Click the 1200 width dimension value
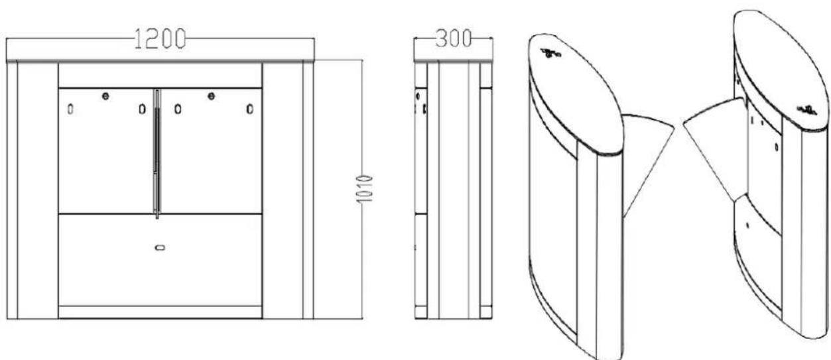[160, 38]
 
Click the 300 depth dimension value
[454, 38]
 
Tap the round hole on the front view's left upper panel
[105, 96]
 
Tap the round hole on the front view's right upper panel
[211, 96]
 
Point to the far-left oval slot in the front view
[70, 109]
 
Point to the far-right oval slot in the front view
[250, 109]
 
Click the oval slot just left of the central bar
[142, 109]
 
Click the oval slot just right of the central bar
[178, 109]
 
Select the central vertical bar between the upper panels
[157, 154]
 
